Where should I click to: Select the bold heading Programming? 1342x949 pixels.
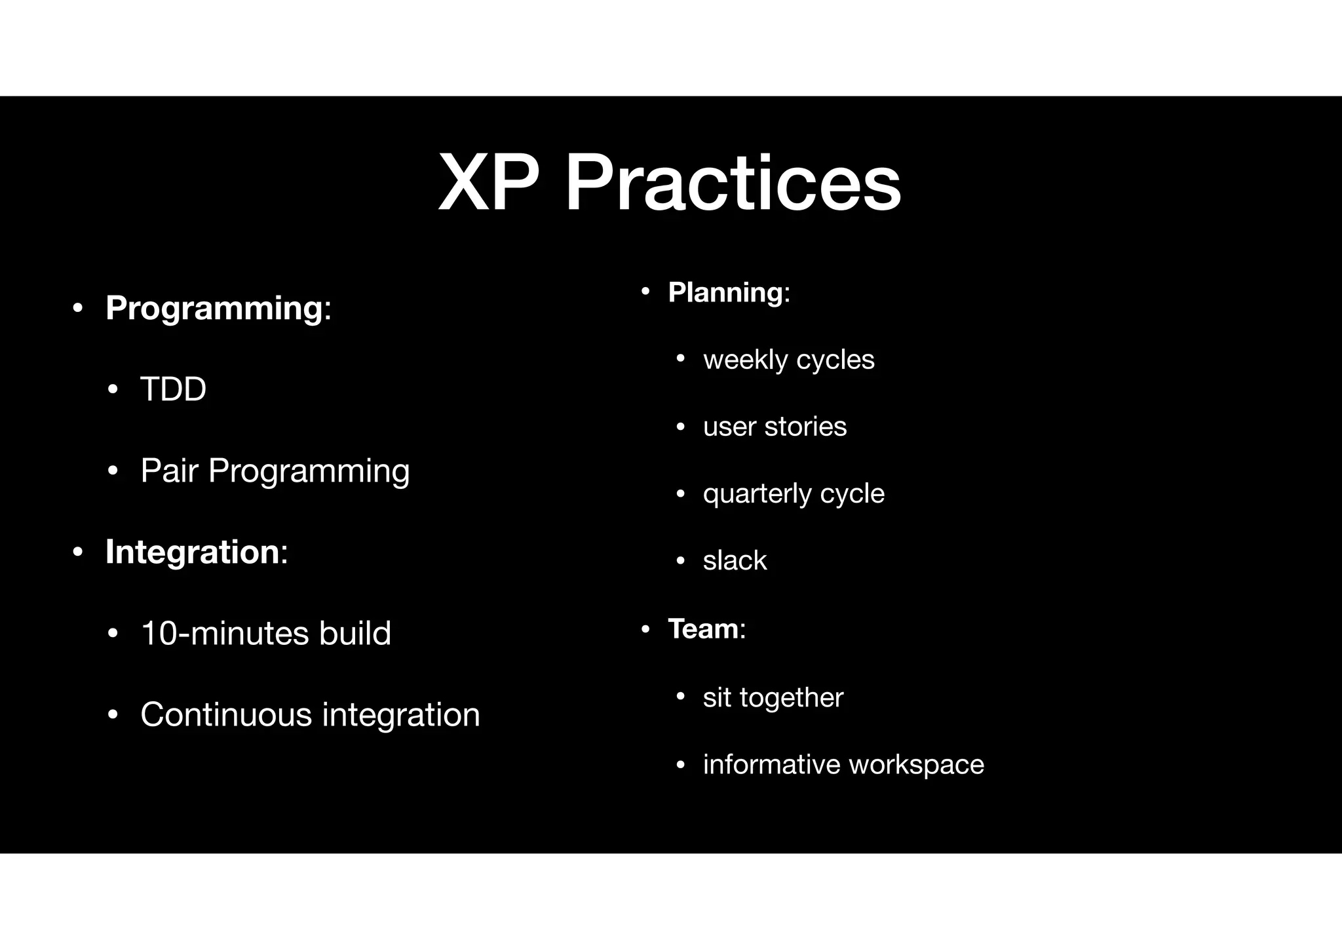[x=214, y=308]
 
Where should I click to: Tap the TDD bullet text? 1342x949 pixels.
[x=173, y=389]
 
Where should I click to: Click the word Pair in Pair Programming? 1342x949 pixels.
[x=169, y=471]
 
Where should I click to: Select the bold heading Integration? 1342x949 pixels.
[x=193, y=552]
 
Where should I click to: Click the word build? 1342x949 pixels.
[x=355, y=633]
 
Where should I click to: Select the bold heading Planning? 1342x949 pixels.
[x=725, y=292]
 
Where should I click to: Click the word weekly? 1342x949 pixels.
[x=745, y=360]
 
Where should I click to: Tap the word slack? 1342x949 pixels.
[x=735, y=561]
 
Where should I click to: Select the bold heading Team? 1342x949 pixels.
[x=702, y=629]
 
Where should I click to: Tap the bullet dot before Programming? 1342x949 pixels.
[x=77, y=308]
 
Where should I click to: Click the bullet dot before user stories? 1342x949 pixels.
[x=680, y=427]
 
